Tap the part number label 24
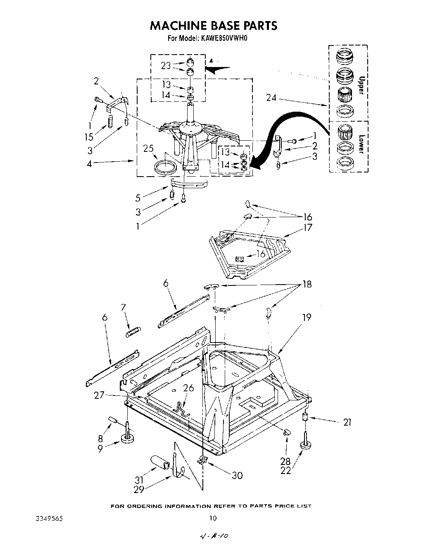pyautogui.click(x=271, y=98)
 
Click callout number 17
pyautogui.click(x=319, y=227)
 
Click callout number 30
pyautogui.click(x=237, y=475)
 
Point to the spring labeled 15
pyautogui.click(x=110, y=122)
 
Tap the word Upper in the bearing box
pyautogui.click(x=361, y=85)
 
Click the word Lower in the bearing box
pyautogui.click(x=361, y=144)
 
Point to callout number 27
pyautogui.click(x=99, y=395)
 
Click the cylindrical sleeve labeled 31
pyautogui.click(x=160, y=462)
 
